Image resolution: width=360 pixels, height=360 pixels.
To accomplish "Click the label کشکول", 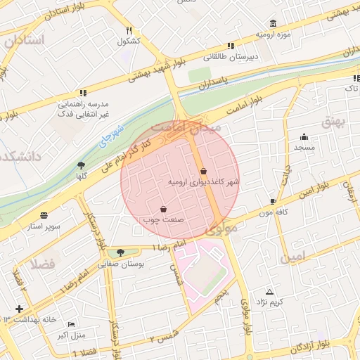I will tap(129, 41).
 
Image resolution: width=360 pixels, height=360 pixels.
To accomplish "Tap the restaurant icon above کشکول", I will tap(129, 31).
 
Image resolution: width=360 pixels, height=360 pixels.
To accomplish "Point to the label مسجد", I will tap(304, 148).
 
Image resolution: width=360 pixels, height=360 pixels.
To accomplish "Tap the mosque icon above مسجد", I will tap(304, 137).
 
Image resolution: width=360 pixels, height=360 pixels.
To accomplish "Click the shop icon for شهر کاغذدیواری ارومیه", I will tap(203, 171).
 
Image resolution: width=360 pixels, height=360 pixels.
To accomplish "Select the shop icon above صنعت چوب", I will tap(164, 209).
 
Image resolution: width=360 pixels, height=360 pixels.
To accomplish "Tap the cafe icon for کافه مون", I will tap(273, 202).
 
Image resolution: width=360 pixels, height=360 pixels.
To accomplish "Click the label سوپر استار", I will tap(44, 226).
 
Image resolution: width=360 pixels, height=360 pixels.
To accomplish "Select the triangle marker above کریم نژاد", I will tap(269, 292).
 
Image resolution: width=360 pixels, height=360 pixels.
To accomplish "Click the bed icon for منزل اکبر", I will tap(71, 324).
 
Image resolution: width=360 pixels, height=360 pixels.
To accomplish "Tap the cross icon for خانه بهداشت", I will tap(18, 309).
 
